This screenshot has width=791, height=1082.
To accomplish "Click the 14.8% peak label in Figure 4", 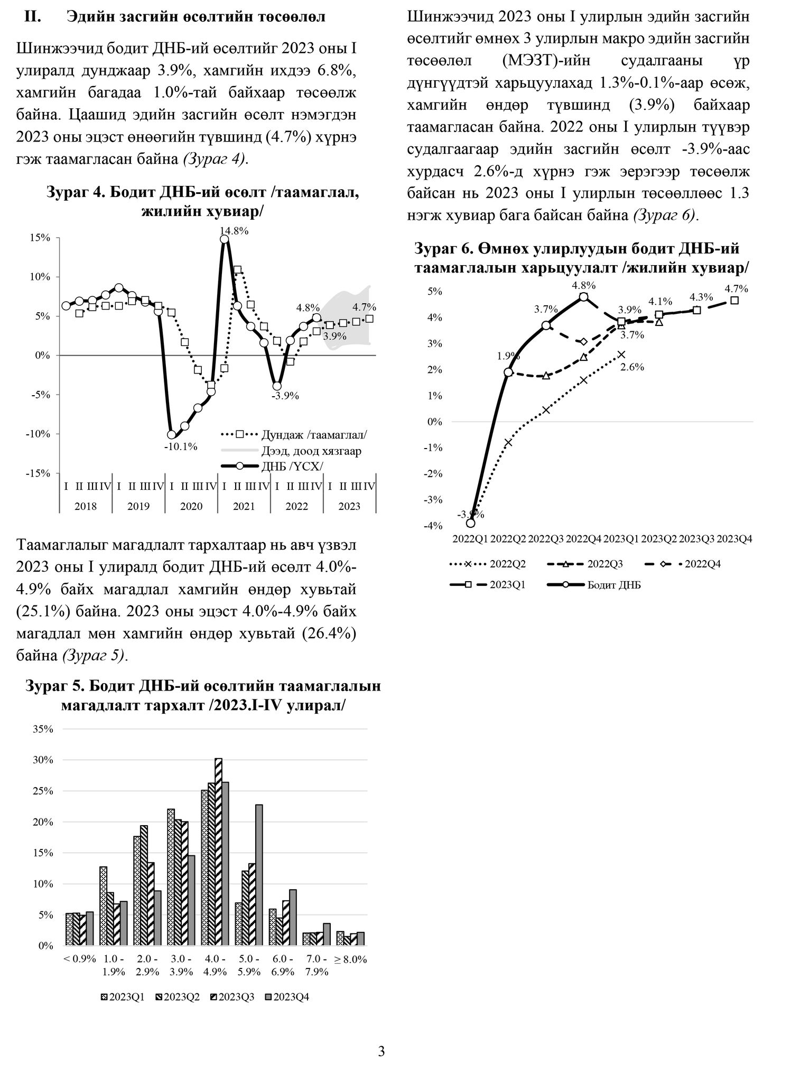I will (x=235, y=231).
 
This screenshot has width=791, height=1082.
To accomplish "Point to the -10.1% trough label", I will (x=181, y=447).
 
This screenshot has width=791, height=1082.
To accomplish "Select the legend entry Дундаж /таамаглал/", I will (x=314, y=435).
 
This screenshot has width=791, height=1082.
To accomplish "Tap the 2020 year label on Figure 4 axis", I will (x=191, y=506).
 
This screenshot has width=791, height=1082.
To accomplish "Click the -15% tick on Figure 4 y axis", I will (x=39, y=473).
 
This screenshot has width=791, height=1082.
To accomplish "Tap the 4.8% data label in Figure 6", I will (x=583, y=285).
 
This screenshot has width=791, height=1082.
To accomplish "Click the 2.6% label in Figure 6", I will (x=632, y=367).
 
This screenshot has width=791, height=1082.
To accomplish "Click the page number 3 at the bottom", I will (x=381, y=1052).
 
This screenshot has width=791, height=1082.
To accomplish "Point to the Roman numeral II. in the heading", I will (x=33, y=17).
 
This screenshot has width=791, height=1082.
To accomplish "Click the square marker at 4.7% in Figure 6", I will (x=734, y=300).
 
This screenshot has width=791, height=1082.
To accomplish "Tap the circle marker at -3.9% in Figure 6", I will (x=470, y=523).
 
